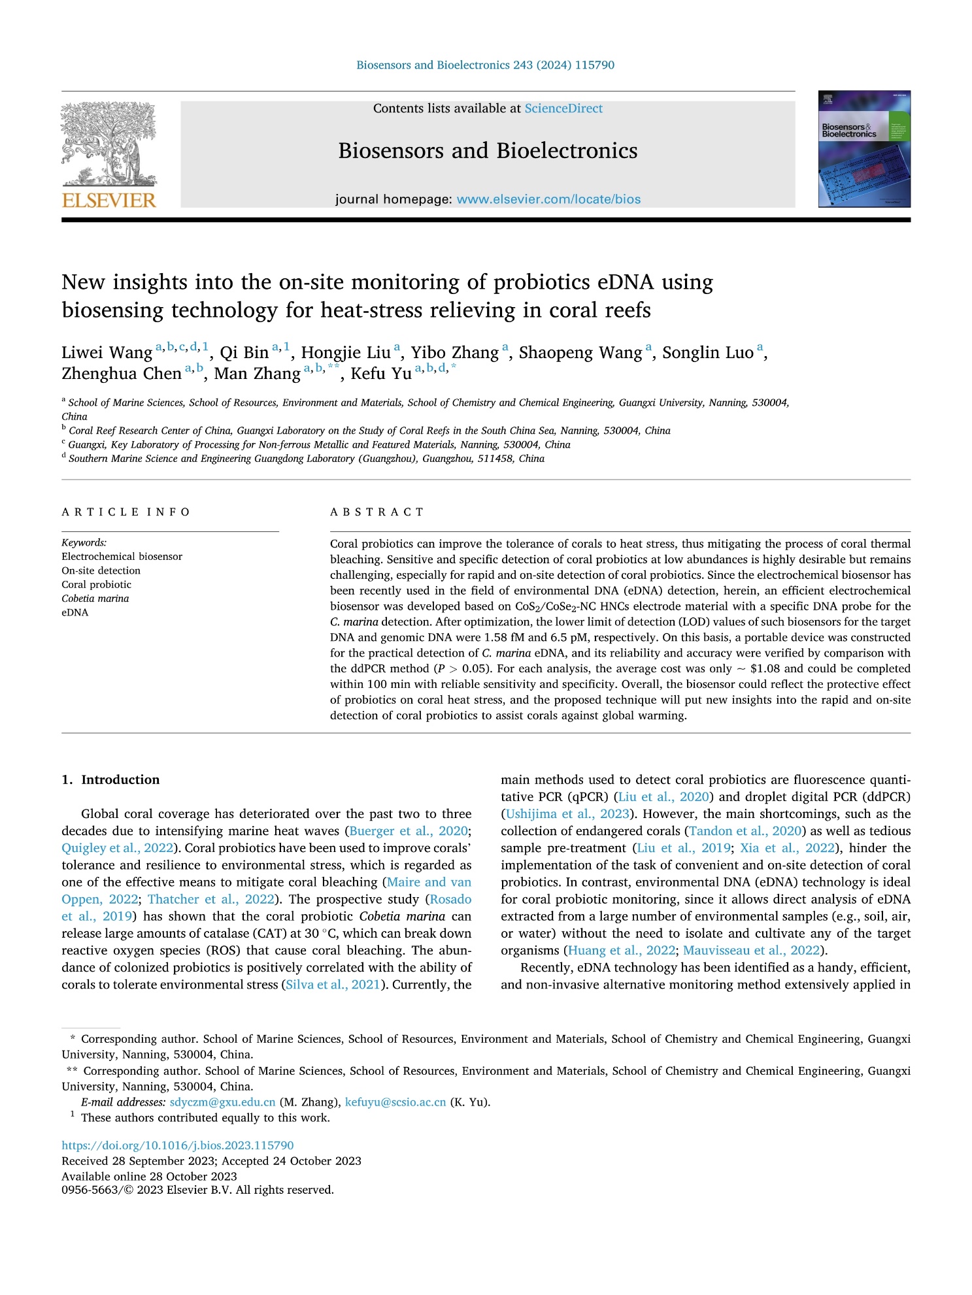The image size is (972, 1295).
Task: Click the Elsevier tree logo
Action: click(x=109, y=144)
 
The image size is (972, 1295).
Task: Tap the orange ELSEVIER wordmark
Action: click(x=109, y=200)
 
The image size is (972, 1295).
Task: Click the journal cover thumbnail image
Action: click(x=863, y=149)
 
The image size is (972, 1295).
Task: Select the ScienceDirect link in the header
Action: click(x=563, y=108)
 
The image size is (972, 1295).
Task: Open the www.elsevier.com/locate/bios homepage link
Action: click(x=548, y=199)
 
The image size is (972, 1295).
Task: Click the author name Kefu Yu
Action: click(x=381, y=374)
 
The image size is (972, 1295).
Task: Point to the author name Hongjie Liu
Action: click(x=346, y=353)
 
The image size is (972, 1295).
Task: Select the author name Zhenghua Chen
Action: click(x=122, y=374)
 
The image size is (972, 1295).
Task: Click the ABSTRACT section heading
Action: click(x=377, y=512)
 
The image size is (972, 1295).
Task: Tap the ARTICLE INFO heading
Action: click(x=126, y=512)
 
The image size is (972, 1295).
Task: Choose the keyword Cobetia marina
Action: click(x=95, y=598)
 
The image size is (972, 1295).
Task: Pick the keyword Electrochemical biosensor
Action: click(x=122, y=557)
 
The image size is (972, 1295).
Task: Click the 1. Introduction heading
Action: click(x=110, y=779)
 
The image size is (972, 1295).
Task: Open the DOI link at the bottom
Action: click(x=178, y=1145)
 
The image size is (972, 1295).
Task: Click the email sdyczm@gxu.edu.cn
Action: click(x=222, y=1102)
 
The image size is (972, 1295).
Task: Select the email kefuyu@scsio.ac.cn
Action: click(x=395, y=1102)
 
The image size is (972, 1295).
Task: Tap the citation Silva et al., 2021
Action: click(x=333, y=985)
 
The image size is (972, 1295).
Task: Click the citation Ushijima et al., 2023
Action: click(x=567, y=814)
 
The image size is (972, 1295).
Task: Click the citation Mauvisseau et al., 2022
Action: click(x=751, y=951)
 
